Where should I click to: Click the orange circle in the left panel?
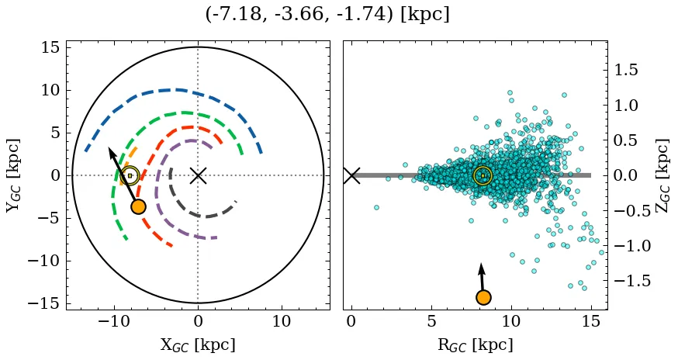138,206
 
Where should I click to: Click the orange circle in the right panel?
483,297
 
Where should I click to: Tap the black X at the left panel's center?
198,175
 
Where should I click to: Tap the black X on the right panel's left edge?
351,175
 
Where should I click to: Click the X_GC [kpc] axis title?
198,344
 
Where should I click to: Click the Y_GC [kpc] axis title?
12,175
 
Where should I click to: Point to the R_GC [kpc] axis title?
475,344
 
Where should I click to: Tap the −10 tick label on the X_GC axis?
115,321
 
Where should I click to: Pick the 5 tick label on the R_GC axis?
431,321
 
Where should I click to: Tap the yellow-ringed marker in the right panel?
483,176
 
